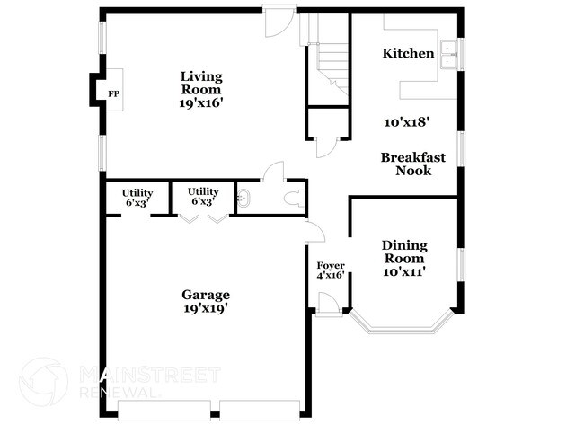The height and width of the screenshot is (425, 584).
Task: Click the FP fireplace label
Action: [113, 93]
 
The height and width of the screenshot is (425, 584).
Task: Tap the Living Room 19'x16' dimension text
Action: [200, 103]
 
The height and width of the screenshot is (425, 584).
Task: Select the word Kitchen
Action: [409, 54]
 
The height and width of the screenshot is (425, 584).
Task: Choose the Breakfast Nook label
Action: [412, 164]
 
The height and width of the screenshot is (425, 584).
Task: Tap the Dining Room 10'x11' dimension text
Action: [404, 272]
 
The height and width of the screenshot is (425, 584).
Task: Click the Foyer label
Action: [330, 265]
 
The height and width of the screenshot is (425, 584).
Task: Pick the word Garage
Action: [206, 295]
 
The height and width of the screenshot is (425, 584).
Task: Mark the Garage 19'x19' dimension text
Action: [206, 308]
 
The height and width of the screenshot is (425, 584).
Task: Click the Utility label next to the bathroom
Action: [203, 191]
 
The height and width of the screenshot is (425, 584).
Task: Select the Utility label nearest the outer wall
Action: [137, 192]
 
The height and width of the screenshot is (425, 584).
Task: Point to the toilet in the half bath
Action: [290, 198]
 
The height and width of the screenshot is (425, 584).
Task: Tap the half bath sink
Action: [243, 198]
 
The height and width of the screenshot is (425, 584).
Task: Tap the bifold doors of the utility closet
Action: [203, 218]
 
